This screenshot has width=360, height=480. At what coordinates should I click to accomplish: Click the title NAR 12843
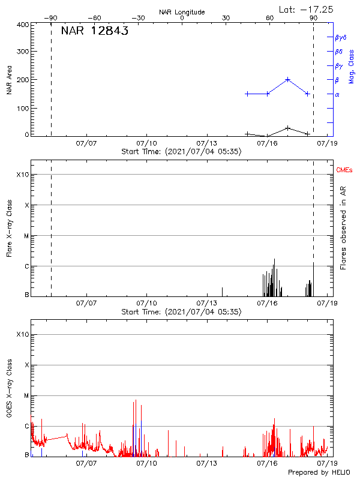[94, 32]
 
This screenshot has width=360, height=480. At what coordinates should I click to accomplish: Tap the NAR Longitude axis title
[182, 12]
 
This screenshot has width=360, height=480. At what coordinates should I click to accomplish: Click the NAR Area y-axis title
[9, 80]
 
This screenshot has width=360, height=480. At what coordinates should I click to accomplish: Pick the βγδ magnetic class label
[340, 37]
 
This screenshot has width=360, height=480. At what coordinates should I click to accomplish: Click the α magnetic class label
[337, 94]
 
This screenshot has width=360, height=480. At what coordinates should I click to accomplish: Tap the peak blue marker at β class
[288, 79]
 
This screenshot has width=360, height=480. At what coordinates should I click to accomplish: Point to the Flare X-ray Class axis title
[9, 229]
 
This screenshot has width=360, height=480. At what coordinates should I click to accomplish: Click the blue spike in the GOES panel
[134, 438]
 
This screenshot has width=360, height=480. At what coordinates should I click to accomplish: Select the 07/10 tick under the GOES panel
[147, 463]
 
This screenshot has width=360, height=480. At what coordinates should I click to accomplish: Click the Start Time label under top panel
[181, 152]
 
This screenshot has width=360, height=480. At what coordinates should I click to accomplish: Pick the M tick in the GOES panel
[26, 396]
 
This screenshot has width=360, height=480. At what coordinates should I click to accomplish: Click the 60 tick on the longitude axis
[270, 19]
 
